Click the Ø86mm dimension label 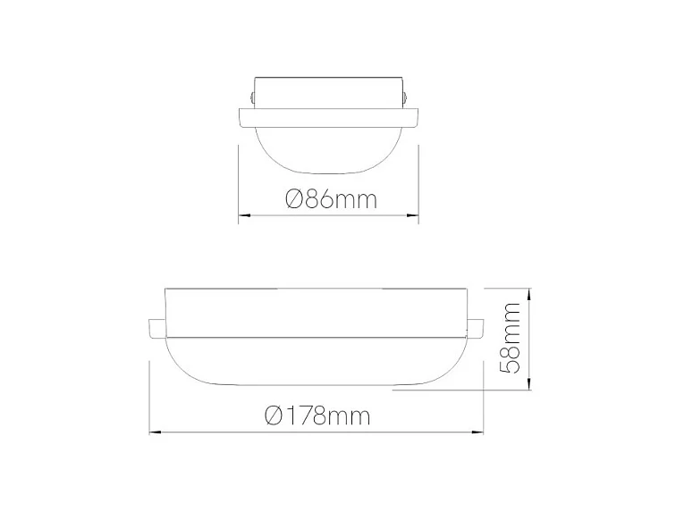pos(332,198)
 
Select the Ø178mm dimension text pos(318,415)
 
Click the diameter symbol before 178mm pos(274,415)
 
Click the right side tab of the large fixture pos(474,328)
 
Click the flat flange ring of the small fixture pos(329,116)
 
